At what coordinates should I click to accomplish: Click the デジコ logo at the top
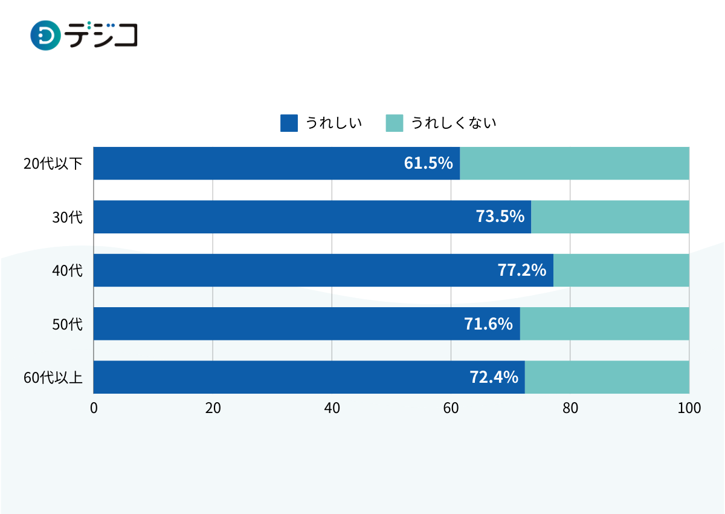coord(84,35)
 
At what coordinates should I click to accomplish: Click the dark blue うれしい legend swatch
coord(289,123)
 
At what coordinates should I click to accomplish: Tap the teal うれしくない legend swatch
coord(395,123)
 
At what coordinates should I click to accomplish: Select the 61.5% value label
coord(428,163)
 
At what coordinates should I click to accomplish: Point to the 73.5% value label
coord(500,216)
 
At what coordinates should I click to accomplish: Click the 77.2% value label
coord(522,270)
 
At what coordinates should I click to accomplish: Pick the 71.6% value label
coord(488,324)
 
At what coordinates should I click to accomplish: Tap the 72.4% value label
coord(494,377)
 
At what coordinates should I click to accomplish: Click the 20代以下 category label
coord(53,163)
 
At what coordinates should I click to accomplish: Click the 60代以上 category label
coord(53,377)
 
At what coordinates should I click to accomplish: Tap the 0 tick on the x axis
coord(94,408)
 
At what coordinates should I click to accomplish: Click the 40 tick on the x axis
coord(332,408)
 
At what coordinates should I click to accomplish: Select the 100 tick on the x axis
coord(689,408)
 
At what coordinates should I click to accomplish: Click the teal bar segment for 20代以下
coord(575,163)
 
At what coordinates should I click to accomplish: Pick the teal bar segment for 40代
coord(621,270)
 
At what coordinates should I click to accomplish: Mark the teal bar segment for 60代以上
coord(607,377)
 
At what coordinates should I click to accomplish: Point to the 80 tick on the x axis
coord(570,408)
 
